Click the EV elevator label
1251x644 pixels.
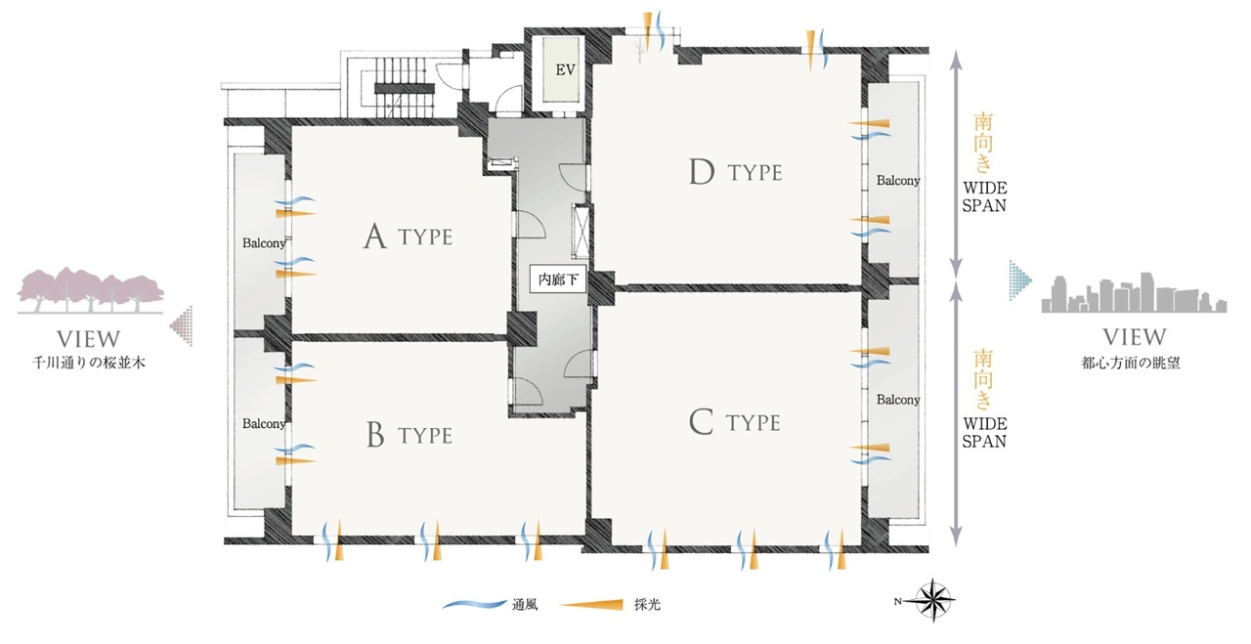pos(565,69)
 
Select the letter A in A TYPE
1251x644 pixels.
pos(374,236)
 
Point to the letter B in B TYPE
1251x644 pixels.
pos(376,435)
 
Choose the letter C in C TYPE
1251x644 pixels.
pos(701,422)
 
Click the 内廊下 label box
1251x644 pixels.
pos(558,279)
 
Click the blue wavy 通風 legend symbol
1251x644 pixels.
pos(475,604)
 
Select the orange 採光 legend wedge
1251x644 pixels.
pos(592,604)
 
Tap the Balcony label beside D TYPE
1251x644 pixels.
pos(898,181)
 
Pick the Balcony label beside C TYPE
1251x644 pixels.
pos(898,400)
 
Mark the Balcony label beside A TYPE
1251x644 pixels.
pos(264,243)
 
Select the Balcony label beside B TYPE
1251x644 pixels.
pos(264,423)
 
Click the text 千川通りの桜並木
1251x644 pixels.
pos(89,364)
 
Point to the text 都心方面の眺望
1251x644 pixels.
pos(1131,364)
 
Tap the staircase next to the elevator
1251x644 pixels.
pos(404,88)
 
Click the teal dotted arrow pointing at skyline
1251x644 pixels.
pos(1019,280)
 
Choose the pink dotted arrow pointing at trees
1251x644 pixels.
pos(182,325)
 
